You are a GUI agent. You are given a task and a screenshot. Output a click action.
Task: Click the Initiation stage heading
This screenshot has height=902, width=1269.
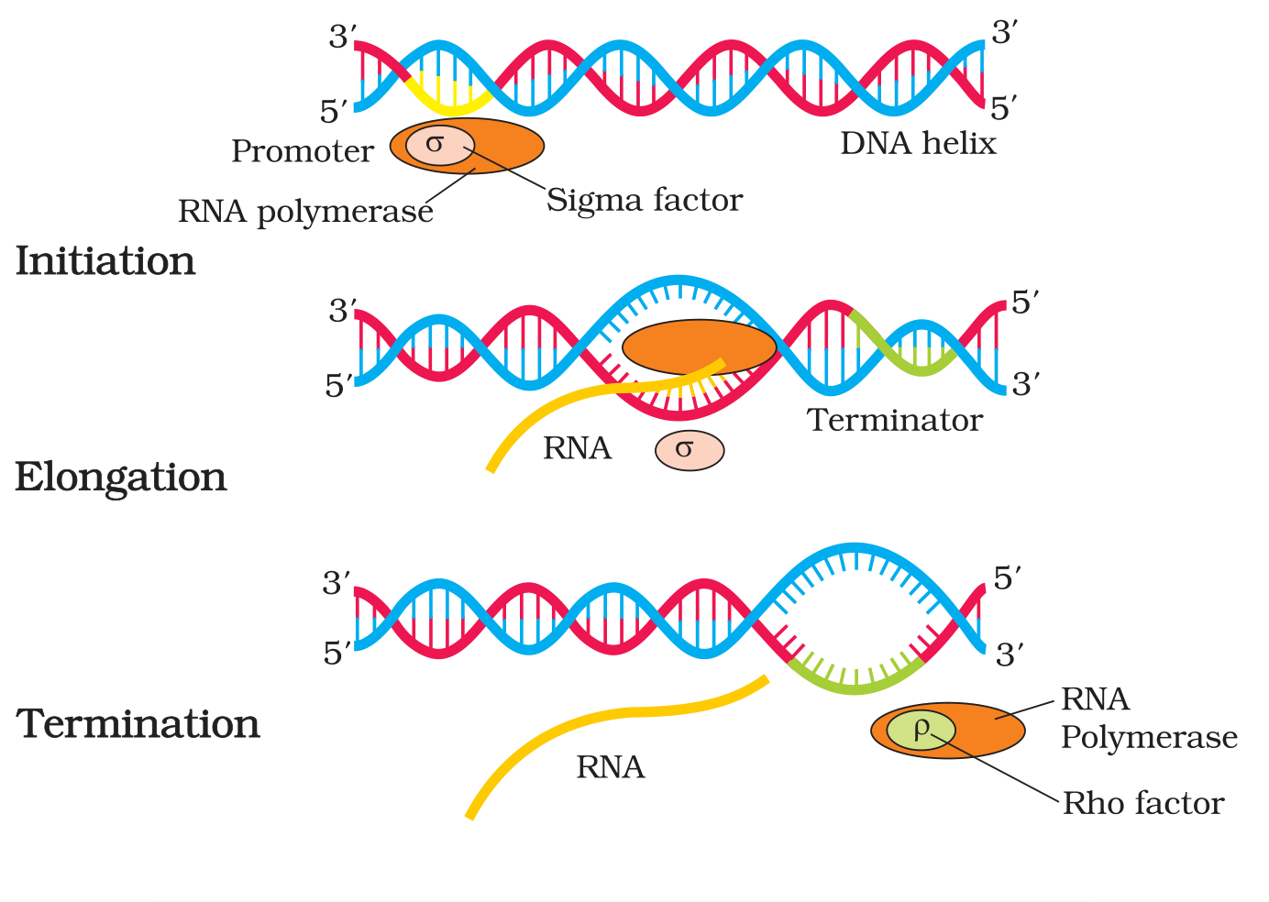(105, 261)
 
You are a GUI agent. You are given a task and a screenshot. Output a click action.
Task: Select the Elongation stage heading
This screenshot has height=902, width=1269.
(121, 478)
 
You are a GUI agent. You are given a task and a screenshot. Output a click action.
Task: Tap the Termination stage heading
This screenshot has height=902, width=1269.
(138, 723)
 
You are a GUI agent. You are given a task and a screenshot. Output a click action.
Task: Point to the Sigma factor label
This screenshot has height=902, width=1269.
(645, 201)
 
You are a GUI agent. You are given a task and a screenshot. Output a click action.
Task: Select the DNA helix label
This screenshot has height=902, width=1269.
(918, 143)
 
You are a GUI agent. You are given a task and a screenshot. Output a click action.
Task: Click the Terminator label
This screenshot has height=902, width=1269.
(895, 420)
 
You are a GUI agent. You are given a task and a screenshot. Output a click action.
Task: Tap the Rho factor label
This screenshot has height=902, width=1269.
(1143, 803)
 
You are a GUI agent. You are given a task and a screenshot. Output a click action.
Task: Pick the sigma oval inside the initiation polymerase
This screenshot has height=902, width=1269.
(440, 145)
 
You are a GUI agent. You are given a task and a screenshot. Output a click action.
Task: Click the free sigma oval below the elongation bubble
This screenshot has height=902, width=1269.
(690, 451)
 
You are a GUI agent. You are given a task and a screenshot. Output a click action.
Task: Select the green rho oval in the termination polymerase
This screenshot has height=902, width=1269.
(921, 731)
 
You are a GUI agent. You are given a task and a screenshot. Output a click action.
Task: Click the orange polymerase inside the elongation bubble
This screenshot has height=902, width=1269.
(699, 347)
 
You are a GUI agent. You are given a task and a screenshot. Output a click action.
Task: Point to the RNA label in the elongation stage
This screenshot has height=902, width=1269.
(578, 448)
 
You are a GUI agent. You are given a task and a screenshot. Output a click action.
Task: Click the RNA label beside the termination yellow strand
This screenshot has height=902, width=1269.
(610, 768)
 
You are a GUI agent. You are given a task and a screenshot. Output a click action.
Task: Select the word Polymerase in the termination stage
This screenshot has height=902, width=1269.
(1149, 738)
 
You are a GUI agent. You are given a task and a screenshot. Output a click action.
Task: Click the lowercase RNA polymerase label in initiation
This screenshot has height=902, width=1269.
(305, 212)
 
